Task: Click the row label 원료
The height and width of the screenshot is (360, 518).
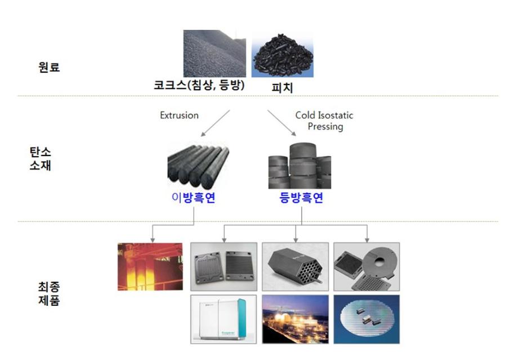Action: pyautogui.click(x=49, y=68)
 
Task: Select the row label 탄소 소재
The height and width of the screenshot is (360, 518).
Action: pyautogui.click(x=40, y=159)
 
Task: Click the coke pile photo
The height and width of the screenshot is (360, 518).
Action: pyautogui.click(x=215, y=54)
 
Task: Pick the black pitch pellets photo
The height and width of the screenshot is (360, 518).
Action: pyautogui.click(x=282, y=54)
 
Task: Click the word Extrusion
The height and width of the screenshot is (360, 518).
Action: pyautogui.click(x=179, y=115)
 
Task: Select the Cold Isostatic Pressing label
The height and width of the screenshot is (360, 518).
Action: pyautogui.click(x=324, y=121)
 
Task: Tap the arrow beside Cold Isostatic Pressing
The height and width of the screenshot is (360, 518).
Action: pyautogui.click(x=280, y=123)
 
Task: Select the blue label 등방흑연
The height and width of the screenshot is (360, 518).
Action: pyautogui.click(x=301, y=198)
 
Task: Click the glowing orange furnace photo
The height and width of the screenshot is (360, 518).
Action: pyautogui.click(x=150, y=266)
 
